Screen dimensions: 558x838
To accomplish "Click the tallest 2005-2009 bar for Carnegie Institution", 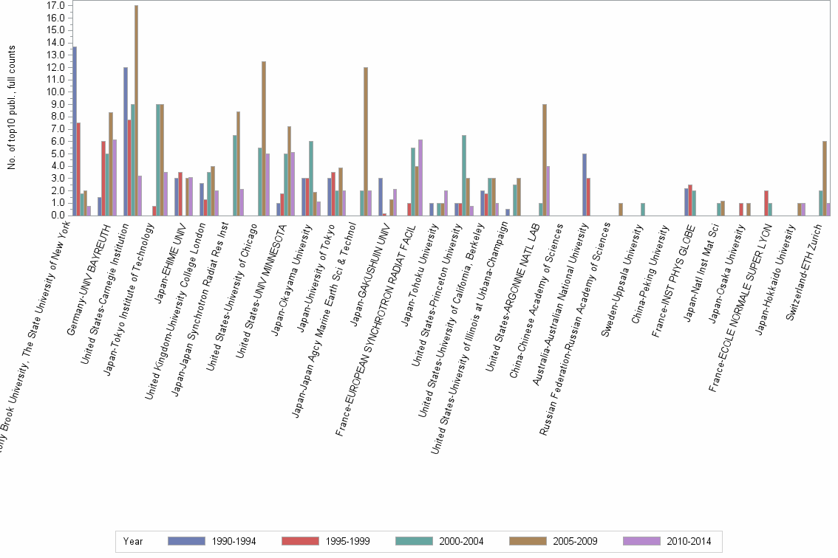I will (x=136, y=111).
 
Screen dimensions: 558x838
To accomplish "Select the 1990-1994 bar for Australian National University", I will (x=585, y=185).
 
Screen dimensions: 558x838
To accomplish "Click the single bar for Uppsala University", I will (x=643, y=210).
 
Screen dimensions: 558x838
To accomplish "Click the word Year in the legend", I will (x=133, y=541).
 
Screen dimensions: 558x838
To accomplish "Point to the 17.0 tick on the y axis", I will (x=56, y=5).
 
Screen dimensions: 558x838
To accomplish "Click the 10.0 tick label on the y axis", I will (x=56, y=92).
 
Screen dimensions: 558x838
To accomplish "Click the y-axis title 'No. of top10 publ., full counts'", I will (x=12, y=107).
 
